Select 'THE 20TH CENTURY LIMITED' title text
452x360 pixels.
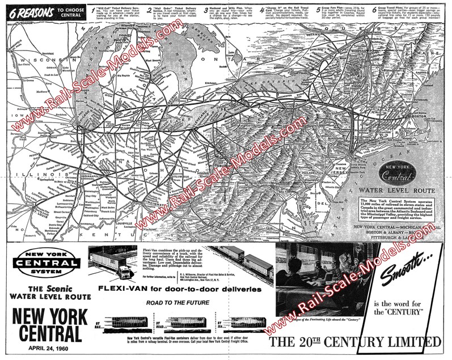[354, 342]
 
